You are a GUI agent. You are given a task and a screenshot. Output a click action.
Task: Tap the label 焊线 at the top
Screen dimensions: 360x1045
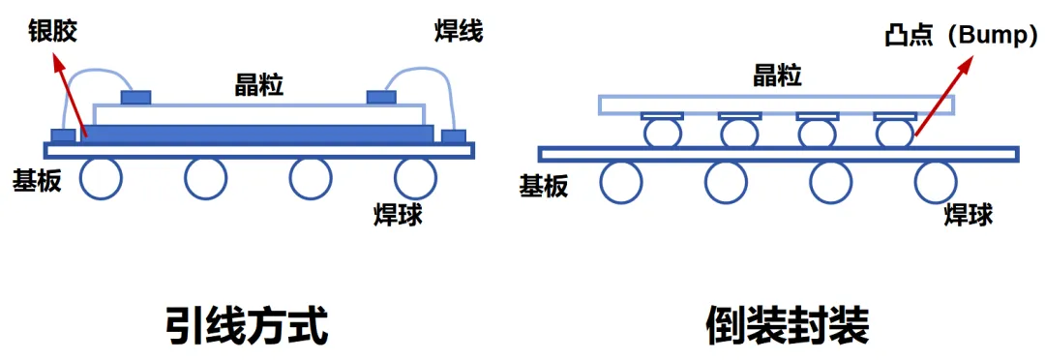click(x=457, y=31)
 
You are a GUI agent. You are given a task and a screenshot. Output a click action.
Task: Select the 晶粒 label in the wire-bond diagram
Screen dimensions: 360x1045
click(x=259, y=84)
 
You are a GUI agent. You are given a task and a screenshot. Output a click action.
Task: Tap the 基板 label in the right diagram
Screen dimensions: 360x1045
click(x=543, y=186)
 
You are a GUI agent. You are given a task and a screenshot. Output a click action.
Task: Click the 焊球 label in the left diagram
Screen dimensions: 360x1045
click(x=398, y=214)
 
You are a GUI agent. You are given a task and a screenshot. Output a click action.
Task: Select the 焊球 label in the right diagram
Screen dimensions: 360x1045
click(x=969, y=214)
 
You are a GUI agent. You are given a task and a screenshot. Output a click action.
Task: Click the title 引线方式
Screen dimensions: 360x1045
click(x=246, y=326)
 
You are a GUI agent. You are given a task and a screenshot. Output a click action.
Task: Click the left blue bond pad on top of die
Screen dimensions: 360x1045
click(x=136, y=97)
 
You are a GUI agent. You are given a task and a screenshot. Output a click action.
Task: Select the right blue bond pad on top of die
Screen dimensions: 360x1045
click(x=381, y=97)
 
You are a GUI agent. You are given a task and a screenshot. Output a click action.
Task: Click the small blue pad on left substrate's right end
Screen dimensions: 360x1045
click(x=453, y=135)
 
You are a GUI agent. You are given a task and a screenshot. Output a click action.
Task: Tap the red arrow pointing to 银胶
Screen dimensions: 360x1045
click(x=71, y=97)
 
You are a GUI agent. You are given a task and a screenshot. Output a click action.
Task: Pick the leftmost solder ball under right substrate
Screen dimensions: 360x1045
click(x=622, y=182)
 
